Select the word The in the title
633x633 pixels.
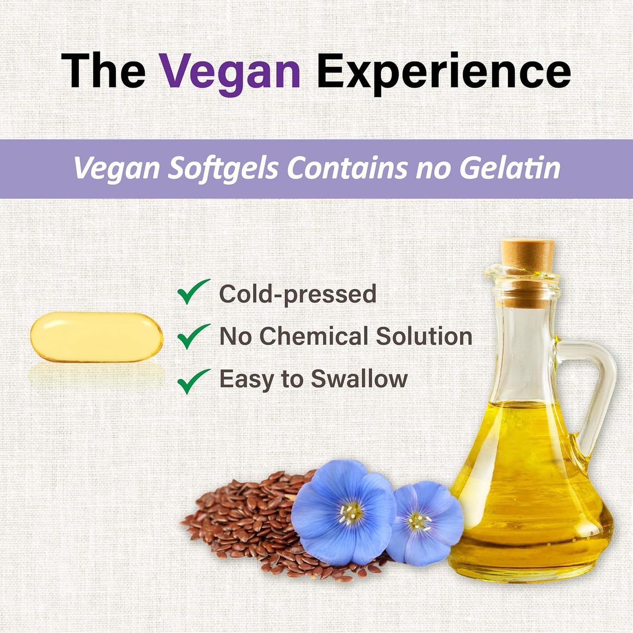click(103, 71)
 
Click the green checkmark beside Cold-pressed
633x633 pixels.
click(193, 292)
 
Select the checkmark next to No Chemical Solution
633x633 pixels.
click(193, 336)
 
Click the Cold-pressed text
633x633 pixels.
click(297, 294)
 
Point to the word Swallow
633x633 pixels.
click(359, 379)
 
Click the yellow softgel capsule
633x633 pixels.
click(96, 337)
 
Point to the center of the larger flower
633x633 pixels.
click(350, 513)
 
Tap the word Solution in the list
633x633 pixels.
click(424, 336)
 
